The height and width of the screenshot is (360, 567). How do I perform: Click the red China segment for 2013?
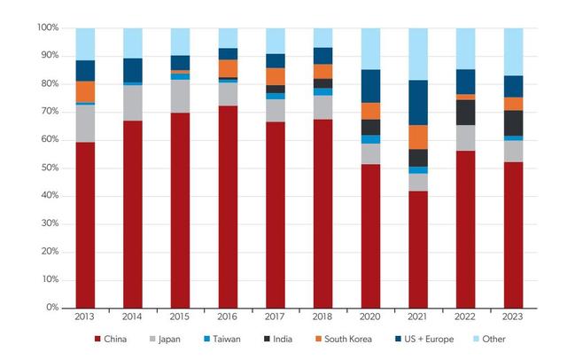[x=85, y=224]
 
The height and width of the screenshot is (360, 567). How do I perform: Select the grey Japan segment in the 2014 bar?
[x=133, y=103]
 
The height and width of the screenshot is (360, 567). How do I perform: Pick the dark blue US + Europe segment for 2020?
[x=370, y=86]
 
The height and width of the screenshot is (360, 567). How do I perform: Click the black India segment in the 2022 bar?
[x=465, y=112]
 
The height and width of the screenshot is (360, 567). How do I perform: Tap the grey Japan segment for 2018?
[x=322, y=106]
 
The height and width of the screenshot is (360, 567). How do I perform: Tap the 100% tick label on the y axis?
[x=47, y=27]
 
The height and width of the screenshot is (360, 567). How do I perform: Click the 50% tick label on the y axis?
[x=50, y=168]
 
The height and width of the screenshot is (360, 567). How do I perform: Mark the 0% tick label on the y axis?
[x=51, y=308]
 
